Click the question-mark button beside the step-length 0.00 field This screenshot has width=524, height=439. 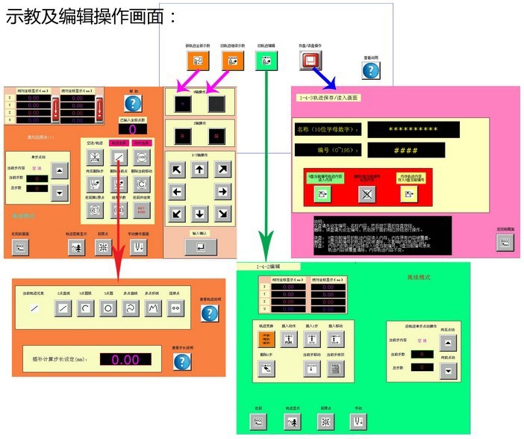pos(182,362)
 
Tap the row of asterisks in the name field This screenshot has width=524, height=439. pos(410,128)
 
